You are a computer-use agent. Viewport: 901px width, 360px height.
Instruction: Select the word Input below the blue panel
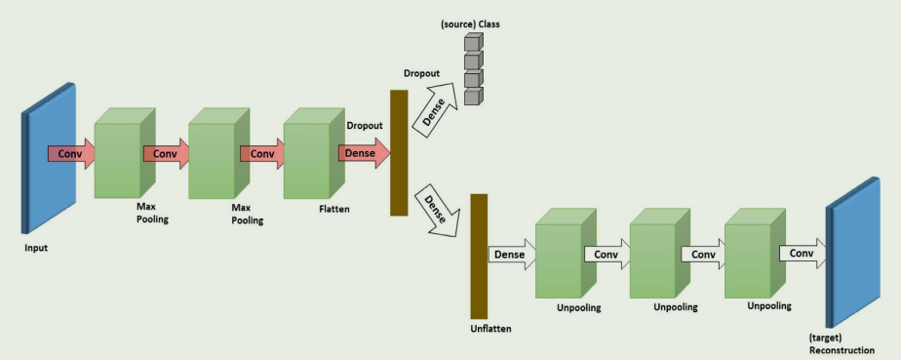click(36, 248)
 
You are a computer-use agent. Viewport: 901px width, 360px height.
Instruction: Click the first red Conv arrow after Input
click(71, 153)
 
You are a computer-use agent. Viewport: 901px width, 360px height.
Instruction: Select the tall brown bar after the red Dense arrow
click(398, 152)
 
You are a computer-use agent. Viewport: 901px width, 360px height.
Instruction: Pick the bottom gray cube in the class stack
click(473, 96)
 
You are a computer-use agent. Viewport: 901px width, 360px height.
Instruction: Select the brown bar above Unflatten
click(478, 256)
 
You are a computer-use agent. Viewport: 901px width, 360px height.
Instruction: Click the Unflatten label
click(490, 329)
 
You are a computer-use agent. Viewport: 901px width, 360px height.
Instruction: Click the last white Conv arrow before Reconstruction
click(802, 254)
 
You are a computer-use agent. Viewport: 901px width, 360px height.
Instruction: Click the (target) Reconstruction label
click(841, 343)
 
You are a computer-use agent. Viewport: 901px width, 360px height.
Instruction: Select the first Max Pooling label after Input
click(152, 214)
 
